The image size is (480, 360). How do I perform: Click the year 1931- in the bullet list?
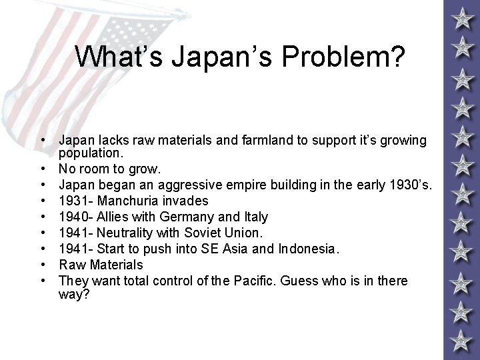tap(76, 201)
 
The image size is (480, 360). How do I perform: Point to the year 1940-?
tap(76, 217)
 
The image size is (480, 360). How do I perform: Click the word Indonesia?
tap(307, 249)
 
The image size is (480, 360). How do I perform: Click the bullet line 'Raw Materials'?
tap(101, 265)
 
